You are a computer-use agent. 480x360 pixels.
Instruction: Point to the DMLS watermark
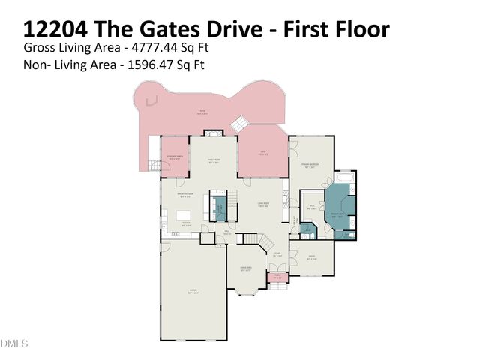[14, 343]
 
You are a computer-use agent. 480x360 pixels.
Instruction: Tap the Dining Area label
[244, 268]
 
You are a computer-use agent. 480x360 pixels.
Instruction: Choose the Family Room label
[213, 161]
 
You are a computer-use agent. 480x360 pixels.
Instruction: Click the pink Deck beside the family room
[263, 154]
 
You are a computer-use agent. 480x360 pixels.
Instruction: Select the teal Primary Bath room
[339, 211]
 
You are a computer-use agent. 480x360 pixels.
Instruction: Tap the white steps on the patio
[239, 124]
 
